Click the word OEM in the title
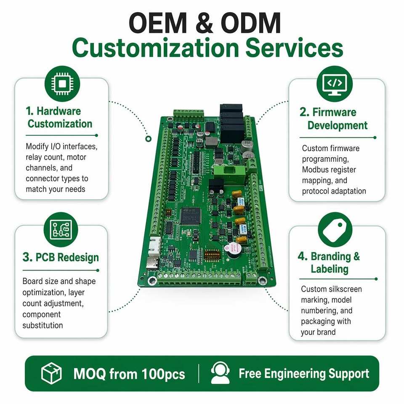pyautogui.click(x=158, y=23)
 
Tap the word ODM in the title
pyautogui.click(x=251, y=23)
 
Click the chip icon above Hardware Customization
pyautogui.click(x=62, y=84)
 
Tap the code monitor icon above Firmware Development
pyautogui.click(x=335, y=84)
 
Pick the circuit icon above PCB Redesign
pyautogui.click(x=61, y=230)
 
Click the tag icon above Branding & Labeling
pyautogui.click(x=335, y=230)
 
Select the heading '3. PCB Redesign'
pyautogui.click(x=61, y=257)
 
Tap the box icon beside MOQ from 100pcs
pyautogui.click(x=51, y=373)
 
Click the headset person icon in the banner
pyautogui.click(x=220, y=373)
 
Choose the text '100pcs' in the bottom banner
pyautogui.click(x=163, y=374)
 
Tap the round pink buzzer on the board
pyautogui.click(x=233, y=250)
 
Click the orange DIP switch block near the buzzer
pyautogui.click(x=212, y=255)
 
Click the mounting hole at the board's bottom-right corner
pyautogui.click(x=262, y=280)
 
